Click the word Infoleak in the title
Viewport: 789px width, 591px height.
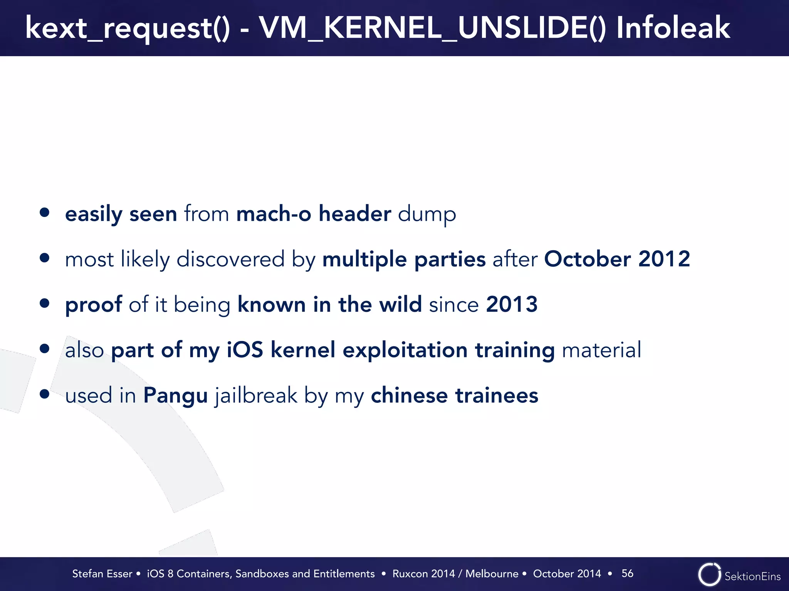pyautogui.click(x=673, y=28)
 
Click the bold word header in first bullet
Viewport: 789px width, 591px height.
pyautogui.click(x=355, y=214)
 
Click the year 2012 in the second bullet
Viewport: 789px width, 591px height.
pyautogui.click(x=664, y=259)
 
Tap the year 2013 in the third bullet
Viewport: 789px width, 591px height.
pyautogui.click(x=512, y=304)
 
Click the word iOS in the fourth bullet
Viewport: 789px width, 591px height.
pyautogui.click(x=245, y=350)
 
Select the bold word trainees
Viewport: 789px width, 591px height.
pyautogui.click(x=497, y=395)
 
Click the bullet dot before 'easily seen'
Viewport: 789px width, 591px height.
pyautogui.click(x=45, y=213)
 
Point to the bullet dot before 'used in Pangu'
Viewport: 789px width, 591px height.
pyautogui.click(x=45, y=394)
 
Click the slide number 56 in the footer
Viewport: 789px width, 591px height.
pyautogui.click(x=627, y=573)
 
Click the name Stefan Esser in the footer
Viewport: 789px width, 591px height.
pyautogui.click(x=102, y=574)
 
